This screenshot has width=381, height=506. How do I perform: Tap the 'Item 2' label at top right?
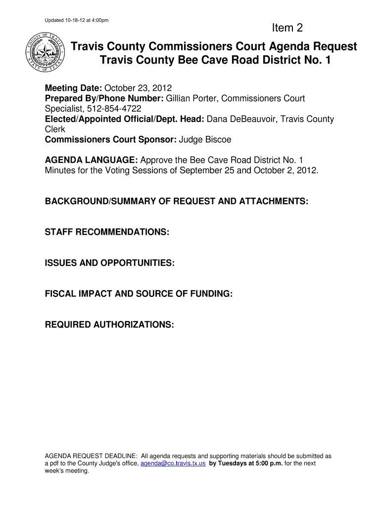[287, 28]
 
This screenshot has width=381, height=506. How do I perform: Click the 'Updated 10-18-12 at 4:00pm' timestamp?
[76, 20]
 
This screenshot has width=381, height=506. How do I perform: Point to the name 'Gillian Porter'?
[190, 99]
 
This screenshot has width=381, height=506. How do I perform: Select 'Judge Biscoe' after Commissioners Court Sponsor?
[204, 140]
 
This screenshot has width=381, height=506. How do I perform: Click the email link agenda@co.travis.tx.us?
[173, 464]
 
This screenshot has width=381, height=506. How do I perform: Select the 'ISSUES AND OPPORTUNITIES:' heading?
[109, 263]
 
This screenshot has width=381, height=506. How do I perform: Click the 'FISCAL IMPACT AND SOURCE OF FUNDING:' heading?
[139, 294]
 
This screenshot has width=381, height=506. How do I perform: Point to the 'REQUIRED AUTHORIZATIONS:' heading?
[109, 325]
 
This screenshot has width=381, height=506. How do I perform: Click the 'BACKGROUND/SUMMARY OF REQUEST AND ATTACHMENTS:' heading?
[177, 202]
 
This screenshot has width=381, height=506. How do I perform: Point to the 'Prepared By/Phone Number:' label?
[104, 99]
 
